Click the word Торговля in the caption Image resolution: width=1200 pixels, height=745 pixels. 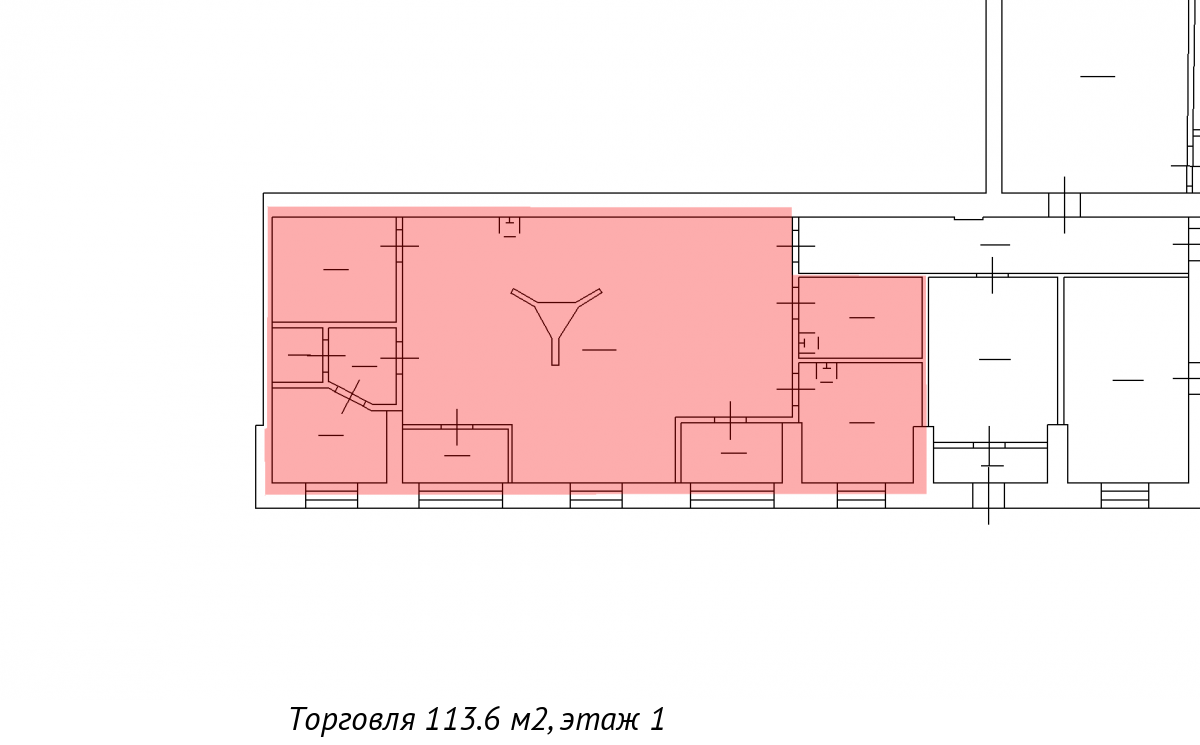tap(353, 719)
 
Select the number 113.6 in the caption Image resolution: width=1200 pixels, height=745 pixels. tap(463, 718)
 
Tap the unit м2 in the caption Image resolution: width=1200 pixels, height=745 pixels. tap(530, 719)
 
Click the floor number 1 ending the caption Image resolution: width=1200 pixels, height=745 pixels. tap(658, 718)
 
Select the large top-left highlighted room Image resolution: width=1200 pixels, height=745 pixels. tap(334, 269)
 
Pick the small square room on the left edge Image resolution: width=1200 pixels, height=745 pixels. tap(297, 355)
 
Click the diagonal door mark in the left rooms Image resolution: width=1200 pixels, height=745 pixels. tap(350, 396)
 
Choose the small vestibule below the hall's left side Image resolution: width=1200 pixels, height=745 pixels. tap(455, 455)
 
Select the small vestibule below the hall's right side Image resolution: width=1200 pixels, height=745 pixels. tap(732, 453)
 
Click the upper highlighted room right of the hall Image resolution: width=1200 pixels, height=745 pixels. tap(860, 317)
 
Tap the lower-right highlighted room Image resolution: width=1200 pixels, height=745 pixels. tap(860, 423)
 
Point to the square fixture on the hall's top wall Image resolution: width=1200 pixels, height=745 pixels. tap(509, 227)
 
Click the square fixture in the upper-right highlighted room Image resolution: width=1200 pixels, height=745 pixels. tap(809, 343)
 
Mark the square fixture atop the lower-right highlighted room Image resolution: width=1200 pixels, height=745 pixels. tap(827, 372)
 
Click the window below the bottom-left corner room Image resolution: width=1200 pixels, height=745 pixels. tap(331, 495)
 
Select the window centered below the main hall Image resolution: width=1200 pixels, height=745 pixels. tap(596, 495)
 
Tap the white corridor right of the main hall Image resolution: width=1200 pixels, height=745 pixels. tap(994, 245)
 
